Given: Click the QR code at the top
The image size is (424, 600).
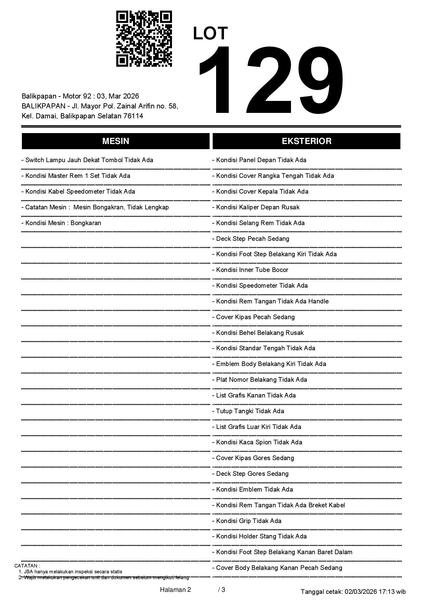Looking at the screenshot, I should (144, 39).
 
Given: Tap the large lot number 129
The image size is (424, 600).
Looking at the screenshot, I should (270, 80).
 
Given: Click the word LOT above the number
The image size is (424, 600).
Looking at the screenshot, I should (210, 34).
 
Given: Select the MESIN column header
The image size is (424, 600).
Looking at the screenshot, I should (116, 141).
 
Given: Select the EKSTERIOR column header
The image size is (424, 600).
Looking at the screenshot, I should (306, 141).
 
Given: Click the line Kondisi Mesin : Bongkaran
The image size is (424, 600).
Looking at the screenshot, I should (61, 223).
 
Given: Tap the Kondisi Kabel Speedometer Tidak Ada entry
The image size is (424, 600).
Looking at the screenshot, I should (78, 192).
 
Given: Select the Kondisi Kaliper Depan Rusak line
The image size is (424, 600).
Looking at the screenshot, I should (256, 207).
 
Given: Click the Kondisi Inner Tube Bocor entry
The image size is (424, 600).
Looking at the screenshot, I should (250, 270).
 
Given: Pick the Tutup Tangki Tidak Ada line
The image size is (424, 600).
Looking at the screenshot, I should (248, 411).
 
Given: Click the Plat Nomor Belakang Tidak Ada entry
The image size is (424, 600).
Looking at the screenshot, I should (260, 380).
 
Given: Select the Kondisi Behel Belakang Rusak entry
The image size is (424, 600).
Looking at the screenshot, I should (258, 333).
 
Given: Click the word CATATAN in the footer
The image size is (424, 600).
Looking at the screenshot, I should (27, 566).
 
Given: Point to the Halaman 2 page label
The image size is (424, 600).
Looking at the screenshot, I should (175, 589).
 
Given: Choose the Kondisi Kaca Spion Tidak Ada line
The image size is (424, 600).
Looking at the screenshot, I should (257, 442).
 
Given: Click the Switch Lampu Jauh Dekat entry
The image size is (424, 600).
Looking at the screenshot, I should (87, 160).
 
